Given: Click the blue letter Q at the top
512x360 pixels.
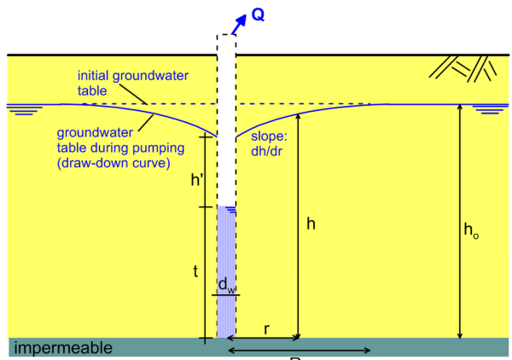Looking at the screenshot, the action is pos(258,15).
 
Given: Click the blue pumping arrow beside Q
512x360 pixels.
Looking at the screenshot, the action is pos(239,24).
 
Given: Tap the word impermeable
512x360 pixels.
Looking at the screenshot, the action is pos(63,348).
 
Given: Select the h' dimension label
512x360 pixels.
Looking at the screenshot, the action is pos(196,179).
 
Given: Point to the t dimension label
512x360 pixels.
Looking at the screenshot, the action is pos(195,271).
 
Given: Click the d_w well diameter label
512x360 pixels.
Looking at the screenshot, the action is pos(226,285).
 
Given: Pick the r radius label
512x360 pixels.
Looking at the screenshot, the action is pos(267,329).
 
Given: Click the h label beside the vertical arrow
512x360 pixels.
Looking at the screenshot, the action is pos(311,224).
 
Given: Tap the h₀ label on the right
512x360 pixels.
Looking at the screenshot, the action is pos(471,230).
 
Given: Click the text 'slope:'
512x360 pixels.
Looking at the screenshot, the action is pos(269,136).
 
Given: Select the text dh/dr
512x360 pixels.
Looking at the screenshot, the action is pos(266,151).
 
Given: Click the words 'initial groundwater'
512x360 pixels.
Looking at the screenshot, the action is pos(133,77).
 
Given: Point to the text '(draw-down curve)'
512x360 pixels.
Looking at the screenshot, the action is pos(113,163).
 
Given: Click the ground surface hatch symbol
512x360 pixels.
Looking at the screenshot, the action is pos(463,68).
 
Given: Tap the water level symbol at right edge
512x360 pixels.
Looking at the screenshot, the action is pos(491,110).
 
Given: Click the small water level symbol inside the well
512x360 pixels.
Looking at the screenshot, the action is pos(231,210).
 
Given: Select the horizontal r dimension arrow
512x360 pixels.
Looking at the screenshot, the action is pos(263,338).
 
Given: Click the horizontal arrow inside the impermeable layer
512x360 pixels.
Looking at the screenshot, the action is pos(300,351).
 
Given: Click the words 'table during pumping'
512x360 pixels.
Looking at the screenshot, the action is pos(121,148).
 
